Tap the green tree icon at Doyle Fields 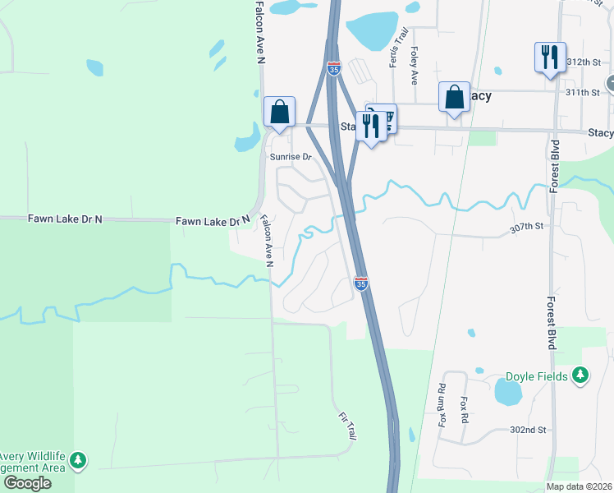pos(581,376)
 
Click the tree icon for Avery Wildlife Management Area pos(78,460)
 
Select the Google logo pos(27,483)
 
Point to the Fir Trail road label pos(346,426)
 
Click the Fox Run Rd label pos(442,405)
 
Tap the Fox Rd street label pos(465,408)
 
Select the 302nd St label pos(528,430)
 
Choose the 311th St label pos(584,92)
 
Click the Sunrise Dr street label pos(291,156)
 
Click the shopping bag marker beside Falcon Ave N pos(279,112)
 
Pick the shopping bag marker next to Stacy pos(454,98)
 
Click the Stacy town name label pos(481,96)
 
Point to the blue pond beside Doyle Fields pos(508,391)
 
